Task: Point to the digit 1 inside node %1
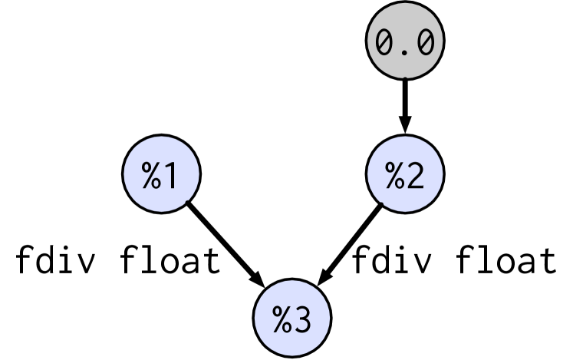pos(173,177)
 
